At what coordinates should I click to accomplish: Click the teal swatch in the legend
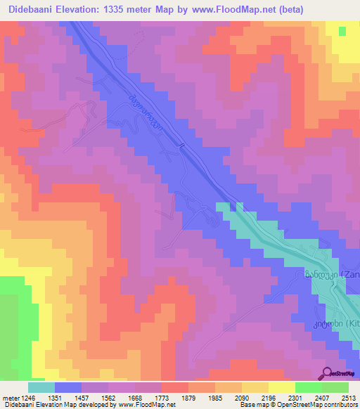click(41, 387)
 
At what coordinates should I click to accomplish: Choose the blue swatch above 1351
click(68, 387)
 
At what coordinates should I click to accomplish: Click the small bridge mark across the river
click(181, 146)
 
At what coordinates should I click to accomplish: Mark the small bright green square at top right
click(342, 32)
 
